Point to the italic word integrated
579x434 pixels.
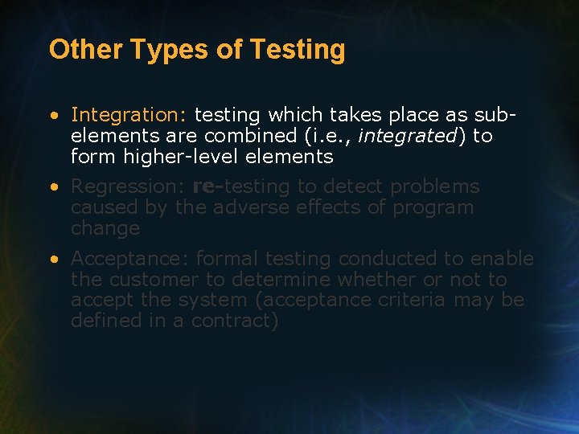(x=407, y=137)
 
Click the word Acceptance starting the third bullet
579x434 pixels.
(x=129, y=259)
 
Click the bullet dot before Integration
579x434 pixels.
(x=52, y=117)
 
